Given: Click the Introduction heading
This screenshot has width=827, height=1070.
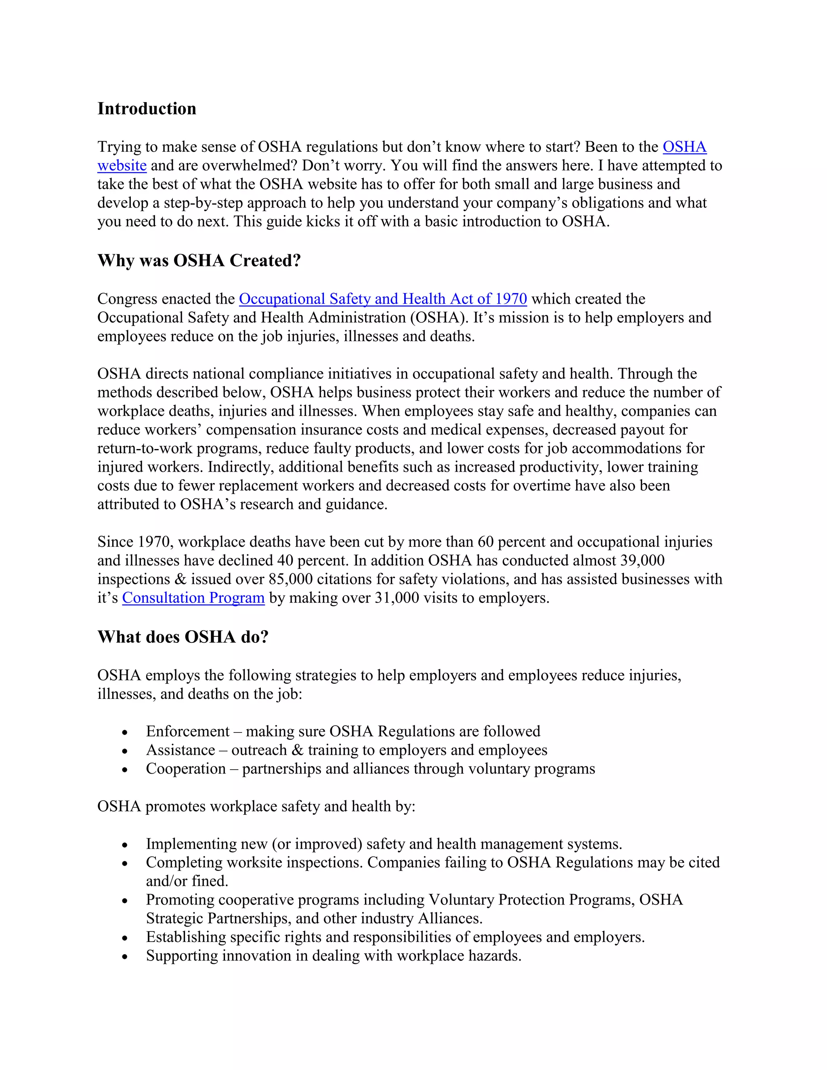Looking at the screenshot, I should click(147, 109).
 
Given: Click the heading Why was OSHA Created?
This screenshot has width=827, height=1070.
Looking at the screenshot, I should click(199, 261).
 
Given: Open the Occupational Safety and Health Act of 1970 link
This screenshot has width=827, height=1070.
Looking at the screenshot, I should click(383, 299).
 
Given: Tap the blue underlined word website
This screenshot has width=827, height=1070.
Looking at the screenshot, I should click(122, 166).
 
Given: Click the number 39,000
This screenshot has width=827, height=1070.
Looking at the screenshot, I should click(642, 560).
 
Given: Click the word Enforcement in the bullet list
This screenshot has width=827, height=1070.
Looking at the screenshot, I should click(188, 732).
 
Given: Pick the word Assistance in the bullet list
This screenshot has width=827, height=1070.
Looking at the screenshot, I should click(180, 750).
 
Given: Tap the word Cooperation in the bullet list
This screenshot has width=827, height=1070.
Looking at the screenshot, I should click(186, 769).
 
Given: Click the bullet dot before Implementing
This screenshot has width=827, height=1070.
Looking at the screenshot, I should click(125, 845).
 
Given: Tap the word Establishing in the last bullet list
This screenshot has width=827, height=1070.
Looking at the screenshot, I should click(186, 937).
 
